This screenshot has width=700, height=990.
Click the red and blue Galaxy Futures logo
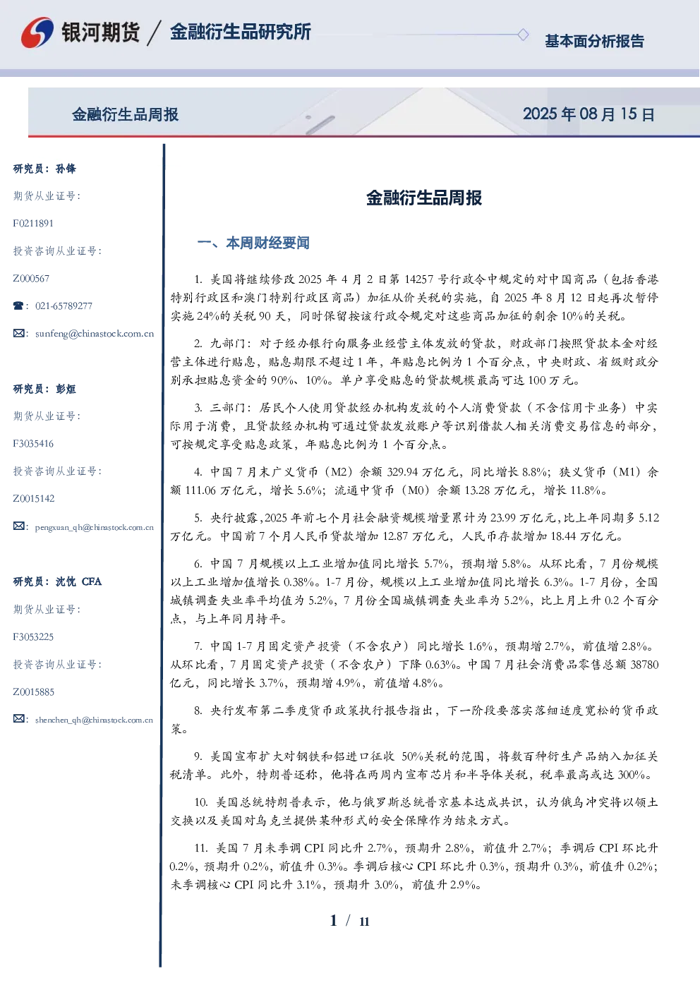click(37, 32)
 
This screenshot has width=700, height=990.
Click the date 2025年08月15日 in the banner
click(589, 114)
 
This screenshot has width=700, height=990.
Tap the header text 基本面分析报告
click(594, 41)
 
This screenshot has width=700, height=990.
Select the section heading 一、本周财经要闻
click(253, 243)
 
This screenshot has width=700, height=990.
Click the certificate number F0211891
click(33, 223)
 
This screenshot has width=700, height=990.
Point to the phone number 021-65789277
click(64, 306)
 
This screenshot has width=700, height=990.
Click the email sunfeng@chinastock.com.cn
click(95, 334)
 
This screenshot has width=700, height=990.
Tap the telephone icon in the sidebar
click(18, 306)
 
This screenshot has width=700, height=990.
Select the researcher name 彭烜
click(66, 389)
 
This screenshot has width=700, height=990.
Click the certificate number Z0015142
click(34, 499)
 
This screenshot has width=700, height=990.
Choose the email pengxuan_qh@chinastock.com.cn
click(95, 527)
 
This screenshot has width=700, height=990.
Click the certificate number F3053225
click(33, 637)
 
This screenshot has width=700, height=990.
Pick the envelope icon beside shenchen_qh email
click(18, 718)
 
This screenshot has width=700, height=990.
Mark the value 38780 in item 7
click(644, 665)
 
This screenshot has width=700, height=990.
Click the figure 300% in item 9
click(634, 775)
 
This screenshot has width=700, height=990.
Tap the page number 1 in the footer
click(334, 921)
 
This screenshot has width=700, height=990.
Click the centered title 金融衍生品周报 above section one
click(424, 198)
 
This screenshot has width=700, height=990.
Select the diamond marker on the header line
click(523, 35)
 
